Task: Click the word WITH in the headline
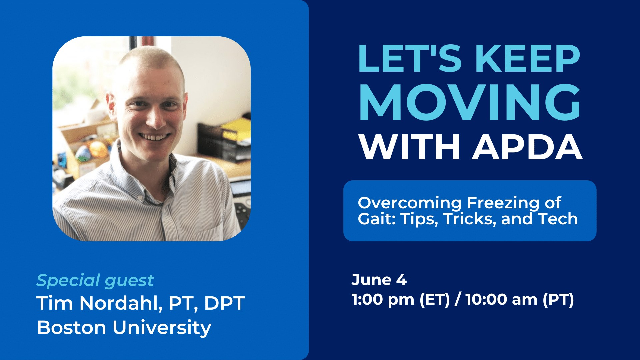(x=409, y=147)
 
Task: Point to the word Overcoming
(x=410, y=203)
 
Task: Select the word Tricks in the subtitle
(x=470, y=219)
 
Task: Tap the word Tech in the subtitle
(x=558, y=219)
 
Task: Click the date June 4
(x=379, y=280)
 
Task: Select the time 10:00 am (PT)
(x=520, y=300)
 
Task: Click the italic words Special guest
(x=95, y=281)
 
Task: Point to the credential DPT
(x=224, y=303)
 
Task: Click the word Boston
(x=71, y=328)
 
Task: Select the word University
(x=162, y=328)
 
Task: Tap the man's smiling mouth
(x=154, y=137)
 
